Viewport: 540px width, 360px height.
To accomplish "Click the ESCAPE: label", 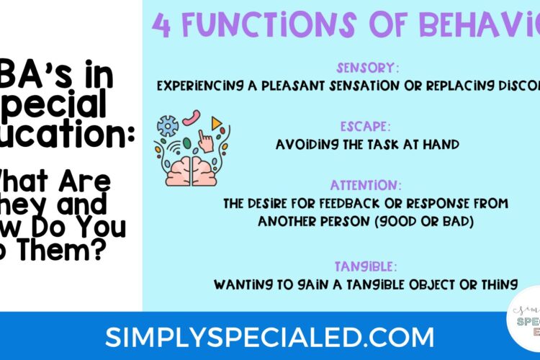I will click(x=367, y=128).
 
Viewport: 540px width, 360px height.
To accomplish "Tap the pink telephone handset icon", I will click(x=192, y=117).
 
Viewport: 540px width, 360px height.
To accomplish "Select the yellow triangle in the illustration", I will click(x=216, y=124).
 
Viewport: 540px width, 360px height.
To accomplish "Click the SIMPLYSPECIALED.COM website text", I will click(x=269, y=336).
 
